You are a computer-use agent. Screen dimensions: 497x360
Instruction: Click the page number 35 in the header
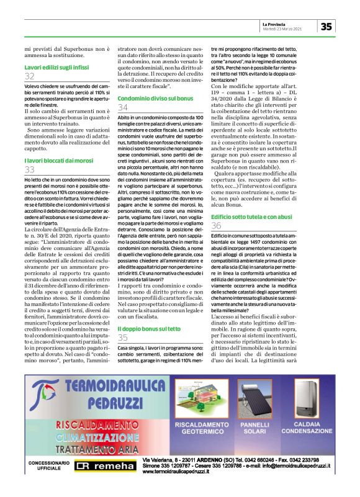(x=327, y=26)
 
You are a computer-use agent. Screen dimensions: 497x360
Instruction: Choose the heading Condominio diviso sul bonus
(x=155, y=98)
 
